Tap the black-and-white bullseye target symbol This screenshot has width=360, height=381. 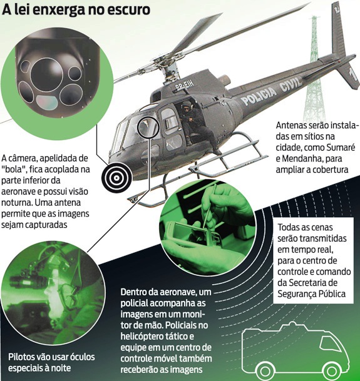116,178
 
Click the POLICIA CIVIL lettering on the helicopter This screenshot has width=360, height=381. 272,89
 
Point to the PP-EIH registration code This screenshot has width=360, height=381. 184,85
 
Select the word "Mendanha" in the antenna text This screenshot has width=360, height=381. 301,158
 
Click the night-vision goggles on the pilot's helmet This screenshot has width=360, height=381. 28,280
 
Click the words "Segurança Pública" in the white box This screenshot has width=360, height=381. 312,294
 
